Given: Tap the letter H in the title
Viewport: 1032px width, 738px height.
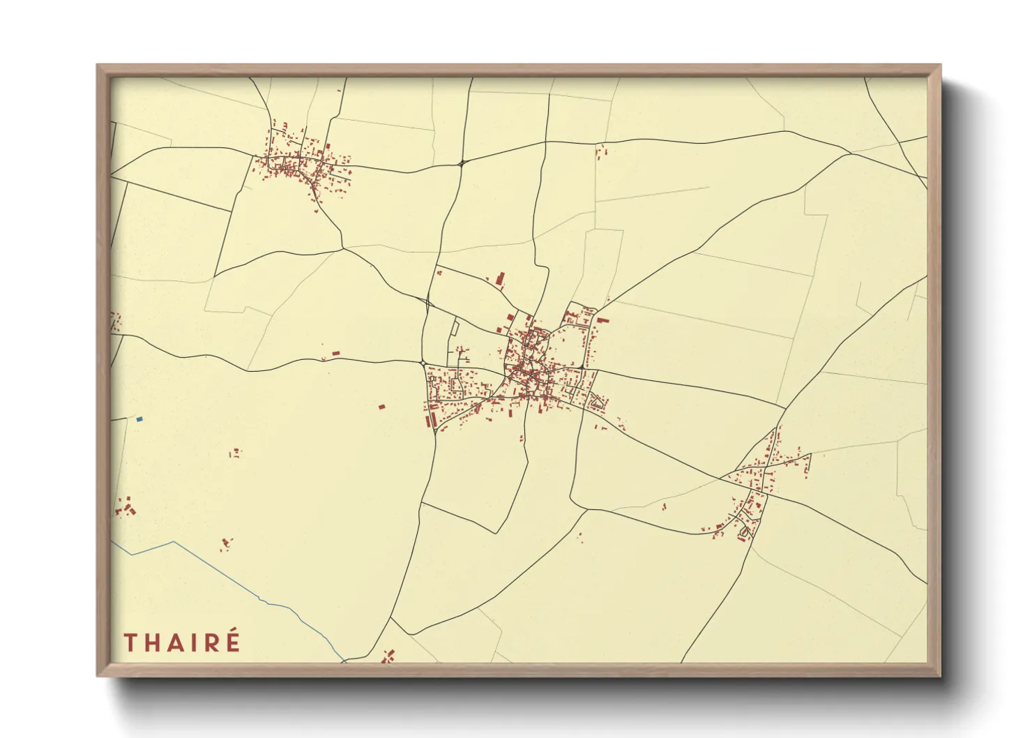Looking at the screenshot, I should coord(155,642).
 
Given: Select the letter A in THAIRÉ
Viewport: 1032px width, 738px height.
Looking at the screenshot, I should coord(180,642).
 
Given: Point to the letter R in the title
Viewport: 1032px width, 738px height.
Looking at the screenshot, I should coord(212,642).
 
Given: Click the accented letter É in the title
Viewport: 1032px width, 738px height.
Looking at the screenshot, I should coord(233,641).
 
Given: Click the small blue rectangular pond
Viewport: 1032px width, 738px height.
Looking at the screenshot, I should coord(139,419).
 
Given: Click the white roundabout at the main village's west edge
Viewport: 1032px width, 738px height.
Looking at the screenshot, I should coord(424,363).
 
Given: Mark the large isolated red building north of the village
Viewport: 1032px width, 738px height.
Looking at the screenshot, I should coord(499,279).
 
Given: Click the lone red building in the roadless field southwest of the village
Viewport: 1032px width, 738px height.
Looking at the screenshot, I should coord(381,406).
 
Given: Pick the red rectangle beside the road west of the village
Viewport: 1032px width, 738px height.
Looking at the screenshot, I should coord(335,354).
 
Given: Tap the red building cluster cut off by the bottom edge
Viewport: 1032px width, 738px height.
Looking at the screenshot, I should coord(388,656).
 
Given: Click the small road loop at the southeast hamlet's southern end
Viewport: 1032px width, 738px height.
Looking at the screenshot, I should coord(743,532).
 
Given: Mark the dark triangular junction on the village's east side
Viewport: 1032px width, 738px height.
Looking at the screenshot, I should coord(581,367).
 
